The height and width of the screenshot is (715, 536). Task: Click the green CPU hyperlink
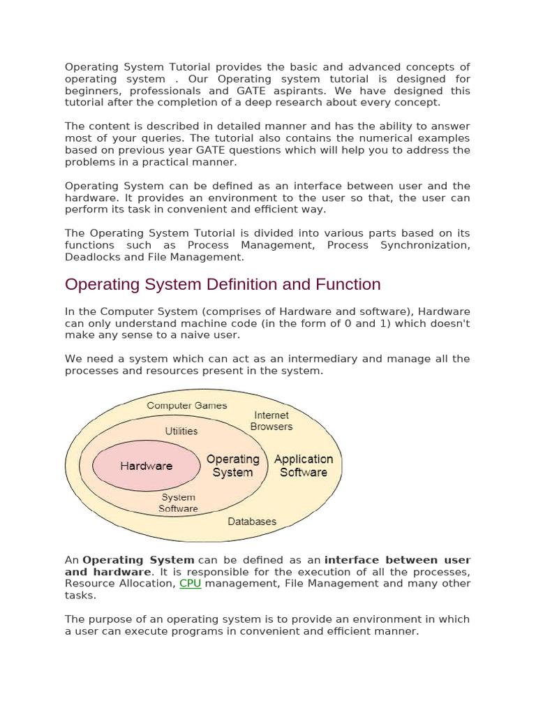pyautogui.click(x=190, y=583)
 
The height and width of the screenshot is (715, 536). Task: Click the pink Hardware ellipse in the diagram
pyautogui.click(x=146, y=466)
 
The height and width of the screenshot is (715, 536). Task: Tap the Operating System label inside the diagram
pyautogui.click(x=232, y=466)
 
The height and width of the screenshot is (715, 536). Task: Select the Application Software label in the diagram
pyautogui.click(x=304, y=466)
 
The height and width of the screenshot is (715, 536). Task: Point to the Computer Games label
pyautogui.click(x=186, y=405)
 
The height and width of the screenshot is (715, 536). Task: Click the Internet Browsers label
pyautogui.click(x=271, y=420)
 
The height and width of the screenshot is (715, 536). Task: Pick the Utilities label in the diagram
pyautogui.click(x=181, y=432)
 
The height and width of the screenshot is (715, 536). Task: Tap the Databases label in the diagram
pyautogui.click(x=252, y=522)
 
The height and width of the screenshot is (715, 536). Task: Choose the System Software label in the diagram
pyautogui.click(x=178, y=503)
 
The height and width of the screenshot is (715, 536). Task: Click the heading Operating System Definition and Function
pyautogui.click(x=223, y=284)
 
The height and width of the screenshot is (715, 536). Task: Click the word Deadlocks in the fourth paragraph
pyautogui.click(x=92, y=257)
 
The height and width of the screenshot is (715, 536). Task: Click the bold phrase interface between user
pyautogui.click(x=397, y=560)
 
